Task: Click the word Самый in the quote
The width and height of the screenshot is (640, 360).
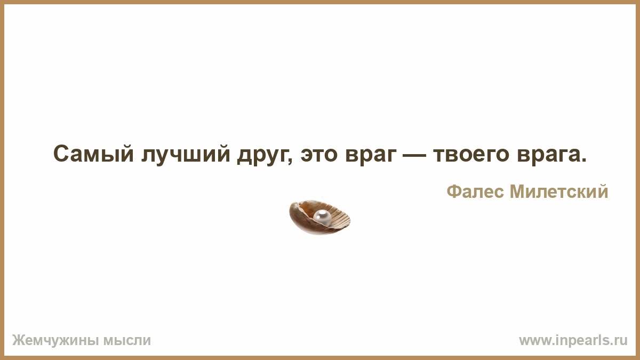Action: pos(93,154)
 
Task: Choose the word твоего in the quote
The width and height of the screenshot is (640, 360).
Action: pos(471,155)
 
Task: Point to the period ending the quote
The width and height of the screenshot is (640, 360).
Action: pos(583,161)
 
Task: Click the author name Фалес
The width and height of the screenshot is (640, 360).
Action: pos(475,191)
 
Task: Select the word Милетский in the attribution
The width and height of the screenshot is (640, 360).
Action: pos(559,191)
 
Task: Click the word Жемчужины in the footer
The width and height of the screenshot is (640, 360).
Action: pos(55,341)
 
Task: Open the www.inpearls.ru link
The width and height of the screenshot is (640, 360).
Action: pos(573,341)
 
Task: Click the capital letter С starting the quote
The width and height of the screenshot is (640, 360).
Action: pos(60,154)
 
